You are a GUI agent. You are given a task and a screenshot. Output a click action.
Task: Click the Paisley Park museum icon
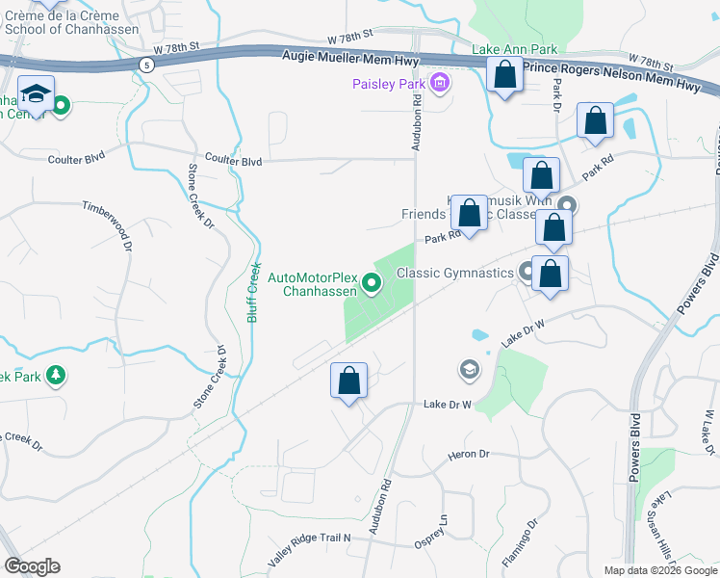[x=441, y=85]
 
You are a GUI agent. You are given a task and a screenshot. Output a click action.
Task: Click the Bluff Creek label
[x=255, y=293]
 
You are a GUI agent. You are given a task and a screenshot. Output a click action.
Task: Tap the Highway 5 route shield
[x=145, y=65]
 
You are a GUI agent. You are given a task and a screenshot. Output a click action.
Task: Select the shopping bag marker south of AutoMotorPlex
[x=348, y=381]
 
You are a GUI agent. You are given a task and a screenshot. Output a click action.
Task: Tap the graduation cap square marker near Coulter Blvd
[x=37, y=94]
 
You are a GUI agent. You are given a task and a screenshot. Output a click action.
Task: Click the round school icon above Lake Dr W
[x=469, y=370]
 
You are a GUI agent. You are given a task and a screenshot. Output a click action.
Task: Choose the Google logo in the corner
[x=33, y=566]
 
